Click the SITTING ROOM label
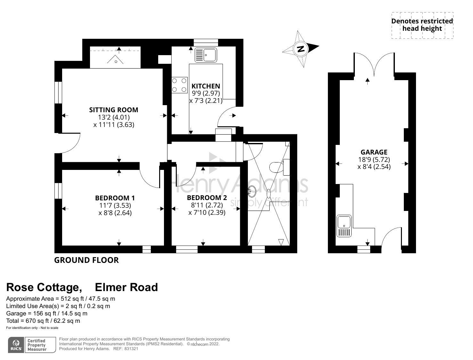tap(114, 110)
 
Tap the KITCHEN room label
tap(206, 86)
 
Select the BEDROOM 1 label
tap(115, 198)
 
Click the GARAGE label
tap(374, 152)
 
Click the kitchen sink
tap(206, 55)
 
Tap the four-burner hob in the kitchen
tap(179, 85)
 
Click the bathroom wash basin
tap(252, 192)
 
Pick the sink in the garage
tap(344, 226)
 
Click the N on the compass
tap(301, 49)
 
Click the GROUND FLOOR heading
tap(86, 260)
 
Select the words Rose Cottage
tap(44, 287)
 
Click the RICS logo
tap(16, 345)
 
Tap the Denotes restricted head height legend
tap(422, 25)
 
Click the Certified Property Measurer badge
tap(37, 345)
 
